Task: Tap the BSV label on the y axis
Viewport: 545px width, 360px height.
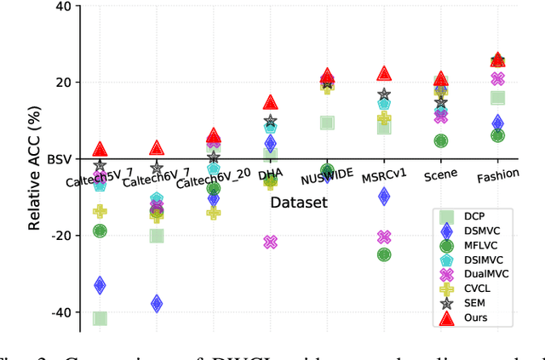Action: (60, 159)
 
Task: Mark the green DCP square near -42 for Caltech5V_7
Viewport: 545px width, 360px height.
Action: (100, 318)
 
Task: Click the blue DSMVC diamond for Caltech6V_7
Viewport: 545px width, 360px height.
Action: (157, 303)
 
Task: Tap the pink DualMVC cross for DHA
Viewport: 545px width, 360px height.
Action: (270, 242)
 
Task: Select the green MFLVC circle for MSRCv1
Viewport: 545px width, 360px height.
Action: (384, 254)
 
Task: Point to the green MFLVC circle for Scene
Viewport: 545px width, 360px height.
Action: (440, 140)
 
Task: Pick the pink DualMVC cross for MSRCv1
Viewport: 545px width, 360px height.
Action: (384, 237)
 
